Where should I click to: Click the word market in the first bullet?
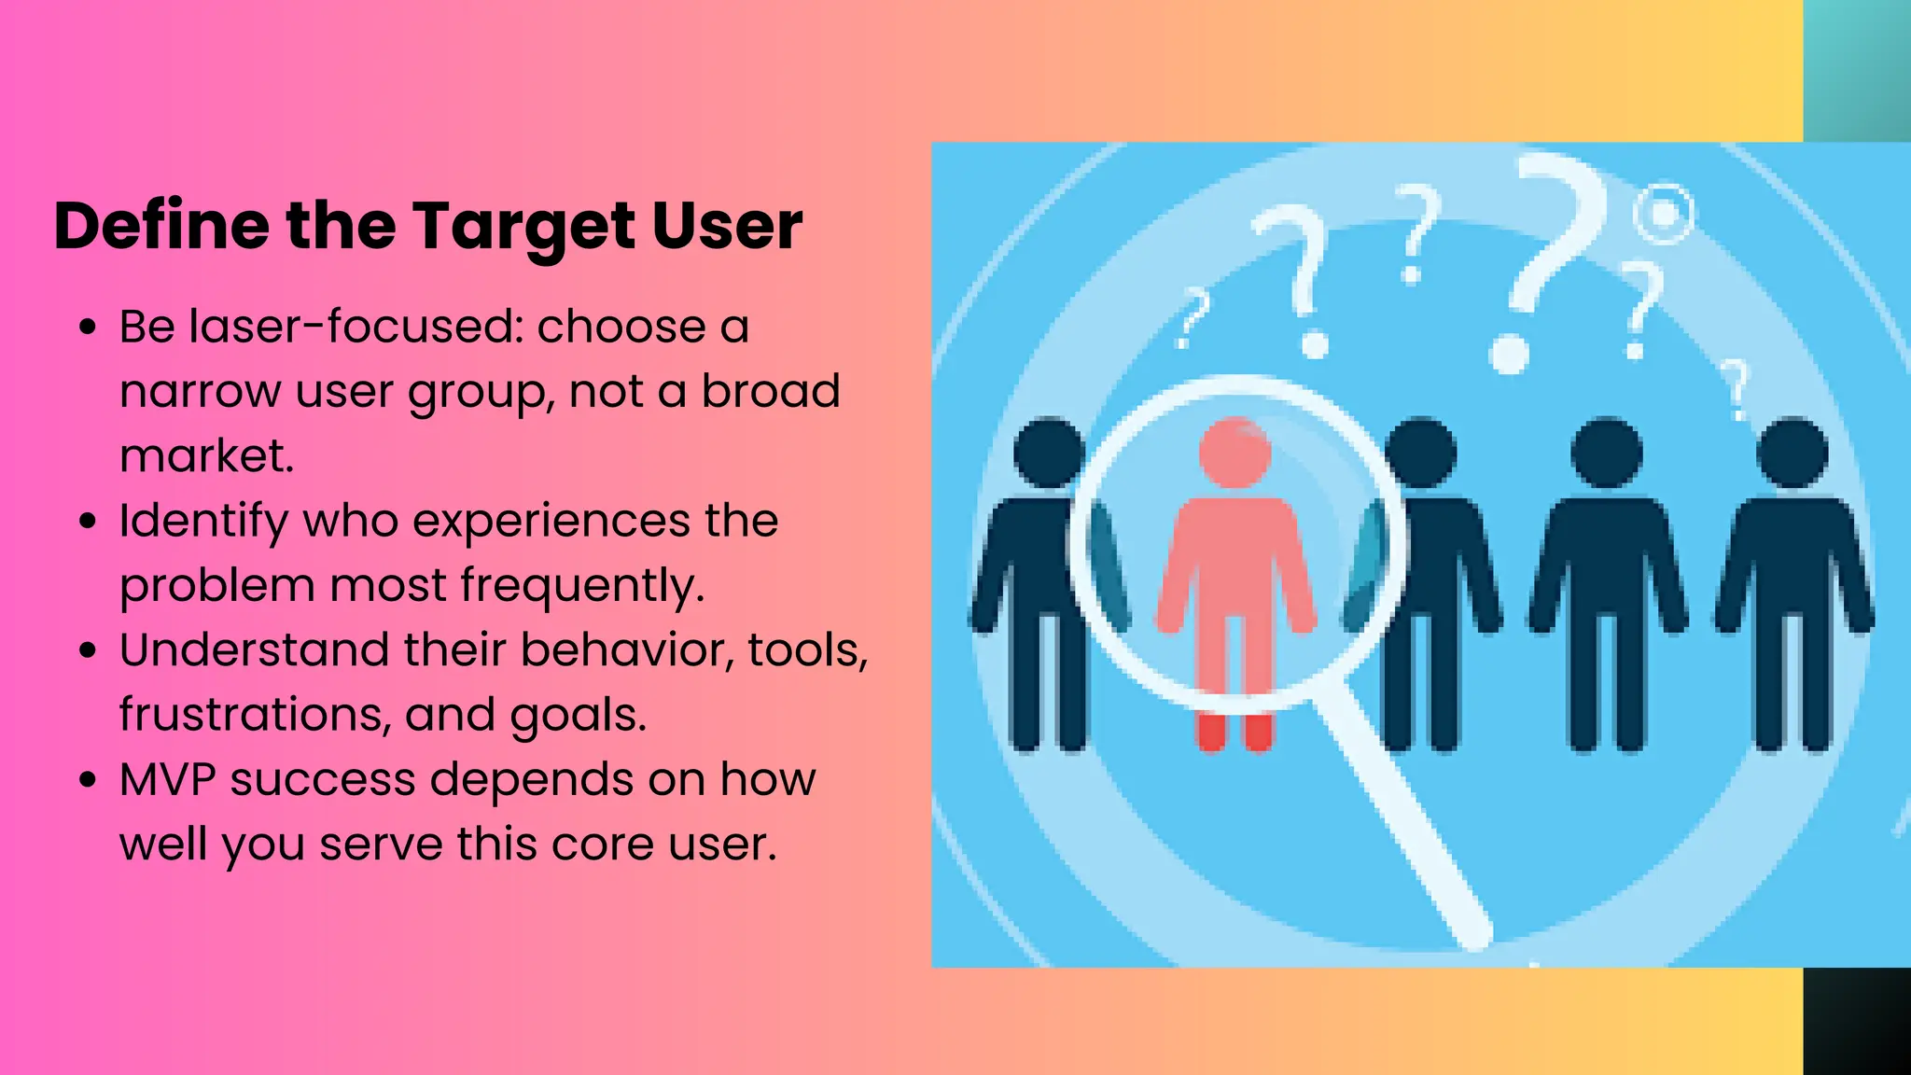coord(204,456)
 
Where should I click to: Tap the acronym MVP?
coord(168,779)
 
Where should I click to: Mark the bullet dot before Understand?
coord(89,650)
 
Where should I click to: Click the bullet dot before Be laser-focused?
coord(89,328)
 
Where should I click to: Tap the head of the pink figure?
coord(1234,453)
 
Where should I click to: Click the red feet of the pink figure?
coord(1234,733)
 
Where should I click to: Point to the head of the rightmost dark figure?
coord(1792,454)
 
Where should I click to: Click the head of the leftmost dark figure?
coord(1049,454)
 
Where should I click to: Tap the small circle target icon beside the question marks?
coord(1664,215)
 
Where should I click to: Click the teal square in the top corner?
coord(1857,70)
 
